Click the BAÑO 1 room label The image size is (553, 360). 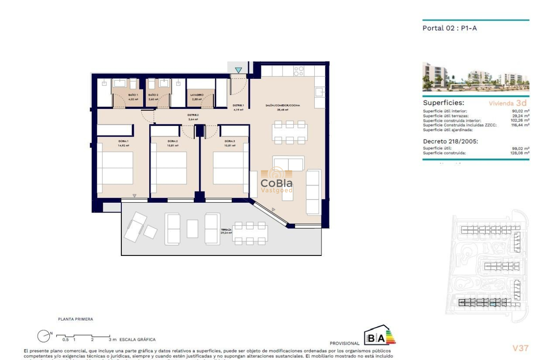click(133, 95)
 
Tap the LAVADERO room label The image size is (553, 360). click(197, 95)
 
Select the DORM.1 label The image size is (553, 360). click(124, 141)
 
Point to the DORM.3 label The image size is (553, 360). click(229, 141)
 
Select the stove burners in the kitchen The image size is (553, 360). click(299, 71)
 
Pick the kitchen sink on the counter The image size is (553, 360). click(319, 91)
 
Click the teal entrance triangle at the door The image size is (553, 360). click(238, 70)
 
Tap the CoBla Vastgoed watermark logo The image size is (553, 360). click(277, 182)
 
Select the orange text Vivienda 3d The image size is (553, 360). click(508, 103)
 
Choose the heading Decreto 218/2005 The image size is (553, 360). click(450, 141)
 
